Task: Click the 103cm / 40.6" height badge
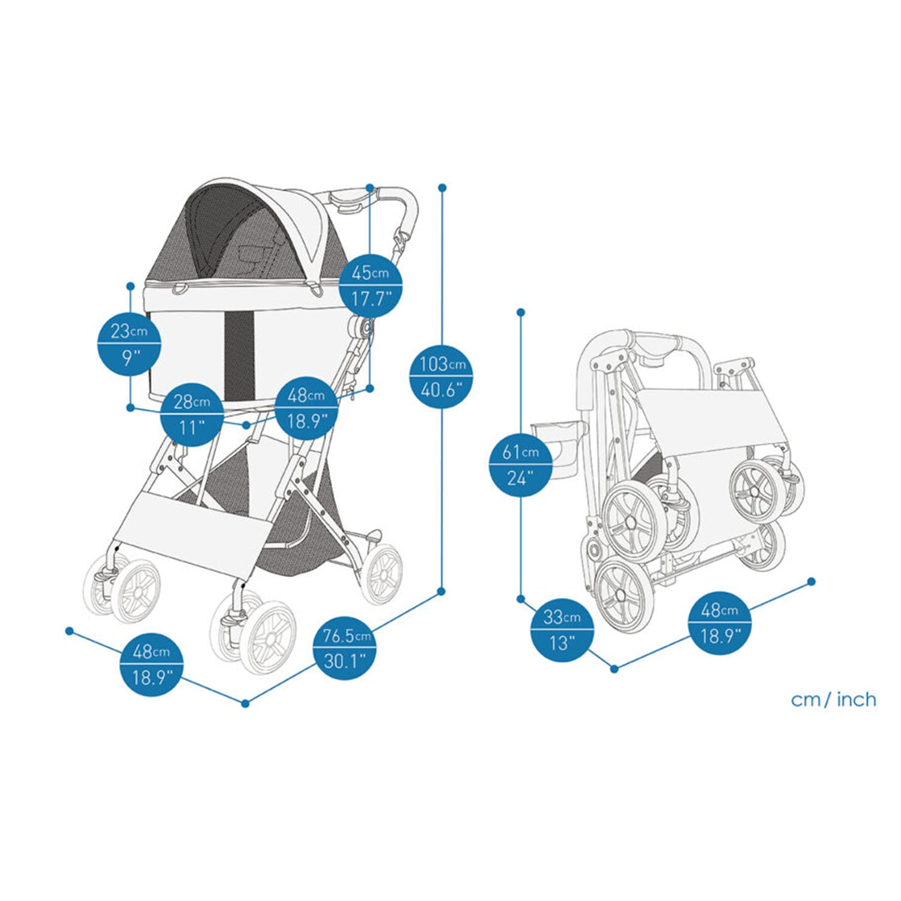(x=441, y=377)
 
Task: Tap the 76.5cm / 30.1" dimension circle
(x=345, y=648)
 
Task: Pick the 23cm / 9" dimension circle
(x=129, y=344)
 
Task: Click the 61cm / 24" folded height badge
(x=521, y=464)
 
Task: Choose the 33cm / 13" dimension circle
(x=562, y=630)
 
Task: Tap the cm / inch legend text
(x=833, y=700)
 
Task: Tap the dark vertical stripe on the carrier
(x=239, y=348)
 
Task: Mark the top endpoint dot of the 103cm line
(x=443, y=188)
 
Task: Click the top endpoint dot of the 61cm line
(x=521, y=312)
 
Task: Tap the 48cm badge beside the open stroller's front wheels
(x=151, y=665)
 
